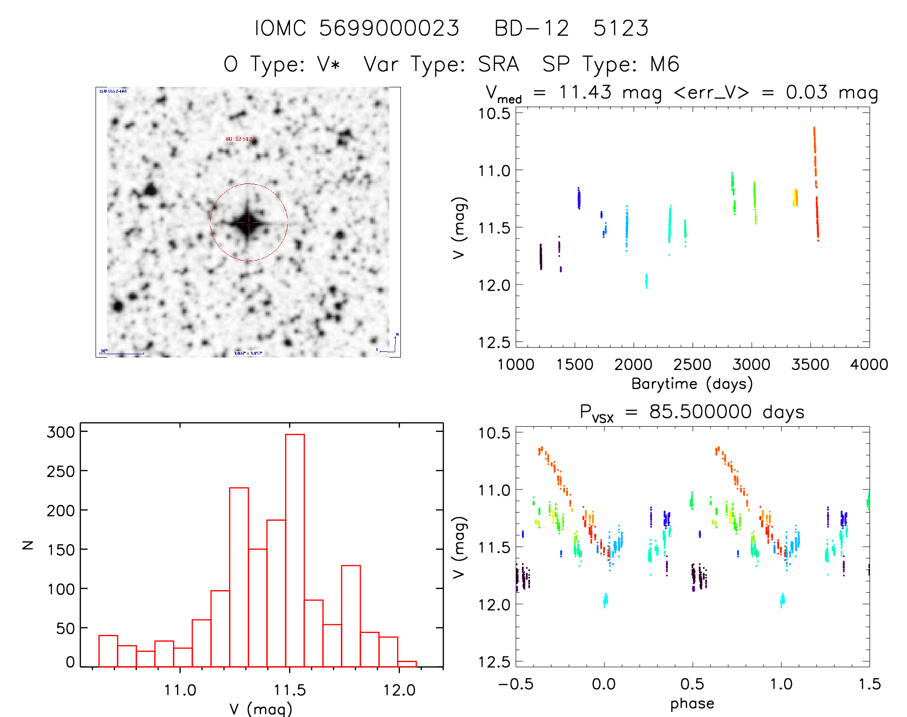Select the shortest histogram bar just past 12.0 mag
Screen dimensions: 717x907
407,664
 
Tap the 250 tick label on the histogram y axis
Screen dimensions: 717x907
60,471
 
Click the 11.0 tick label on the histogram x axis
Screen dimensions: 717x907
180,690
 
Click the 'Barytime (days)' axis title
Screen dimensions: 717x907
692,383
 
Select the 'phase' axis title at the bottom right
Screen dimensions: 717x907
692,704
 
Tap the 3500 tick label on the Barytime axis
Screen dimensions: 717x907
810,365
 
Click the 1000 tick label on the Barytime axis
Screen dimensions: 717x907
516,365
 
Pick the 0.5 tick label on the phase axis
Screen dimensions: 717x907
692,684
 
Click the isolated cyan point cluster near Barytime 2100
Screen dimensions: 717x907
646,281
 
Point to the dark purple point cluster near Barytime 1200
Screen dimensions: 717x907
541,257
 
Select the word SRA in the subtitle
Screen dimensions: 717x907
498,64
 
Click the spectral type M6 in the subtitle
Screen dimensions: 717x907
665,64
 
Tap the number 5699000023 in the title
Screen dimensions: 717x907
389,28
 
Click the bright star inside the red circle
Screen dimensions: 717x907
248,222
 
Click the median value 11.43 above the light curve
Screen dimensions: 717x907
585,92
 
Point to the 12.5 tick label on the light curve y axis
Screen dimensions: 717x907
494,342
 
